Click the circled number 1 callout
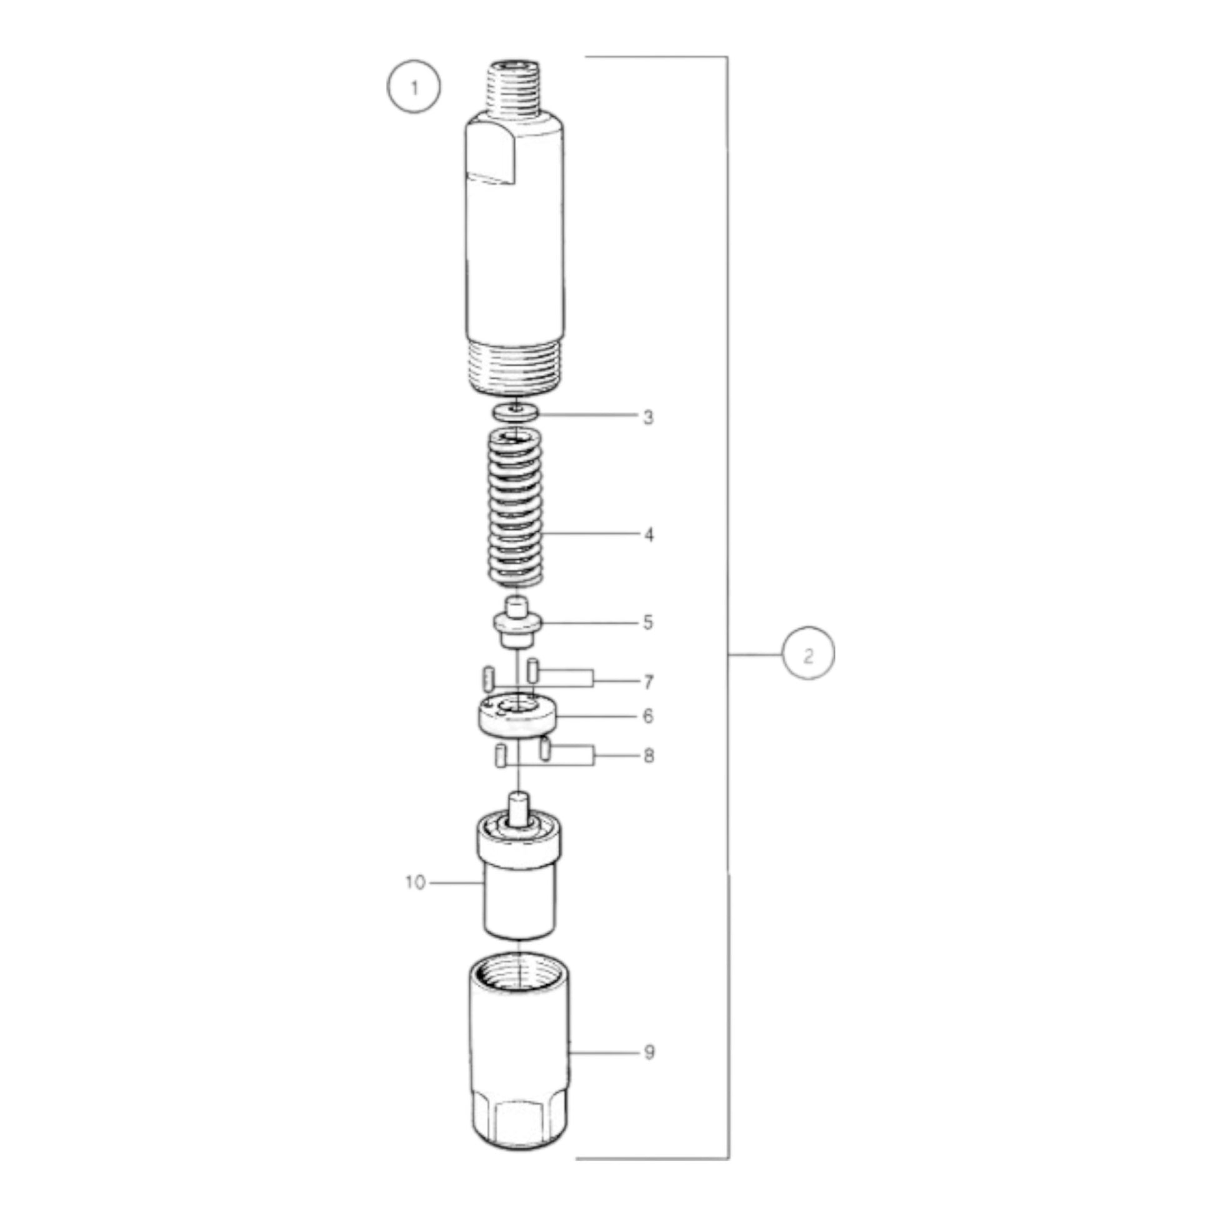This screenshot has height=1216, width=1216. click(414, 87)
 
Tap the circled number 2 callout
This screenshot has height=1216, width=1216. click(808, 655)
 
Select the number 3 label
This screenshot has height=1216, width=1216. click(648, 417)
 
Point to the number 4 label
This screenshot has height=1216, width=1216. click(649, 535)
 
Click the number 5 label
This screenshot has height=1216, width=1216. click(648, 622)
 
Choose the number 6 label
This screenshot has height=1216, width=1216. click(648, 716)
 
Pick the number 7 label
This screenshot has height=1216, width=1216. click(648, 682)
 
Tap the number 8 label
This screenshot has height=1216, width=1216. click(649, 756)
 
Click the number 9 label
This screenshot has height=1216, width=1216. click(649, 1052)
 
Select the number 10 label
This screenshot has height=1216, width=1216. click(416, 882)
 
